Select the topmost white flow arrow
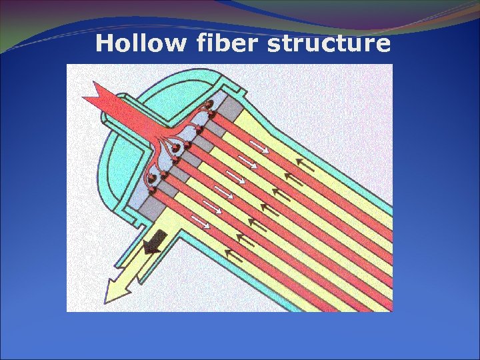point(260,147)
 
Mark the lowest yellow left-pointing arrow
point(235,254)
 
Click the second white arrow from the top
point(247,162)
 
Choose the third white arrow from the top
point(235,177)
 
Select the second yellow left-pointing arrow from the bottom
point(246,239)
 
